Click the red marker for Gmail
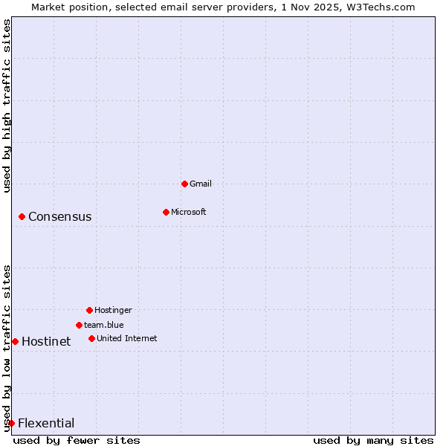coord(185,184)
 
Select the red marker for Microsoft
coord(167,212)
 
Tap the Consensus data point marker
coord(22,216)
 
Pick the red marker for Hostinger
coord(89,310)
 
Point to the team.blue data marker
coord(79,325)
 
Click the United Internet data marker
coord(91,338)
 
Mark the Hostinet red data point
coord(15,341)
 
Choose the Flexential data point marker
coord(11,423)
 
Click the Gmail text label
coord(201,184)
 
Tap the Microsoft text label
coord(189,212)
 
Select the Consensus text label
coord(60,217)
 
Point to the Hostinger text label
coord(113,310)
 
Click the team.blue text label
coord(104,325)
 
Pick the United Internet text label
coord(127,338)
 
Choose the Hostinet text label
coord(46,342)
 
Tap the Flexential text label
coord(46,424)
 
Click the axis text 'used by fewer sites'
coord(77,440)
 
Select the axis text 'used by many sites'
coord(373,440)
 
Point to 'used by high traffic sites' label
coord(7,106)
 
